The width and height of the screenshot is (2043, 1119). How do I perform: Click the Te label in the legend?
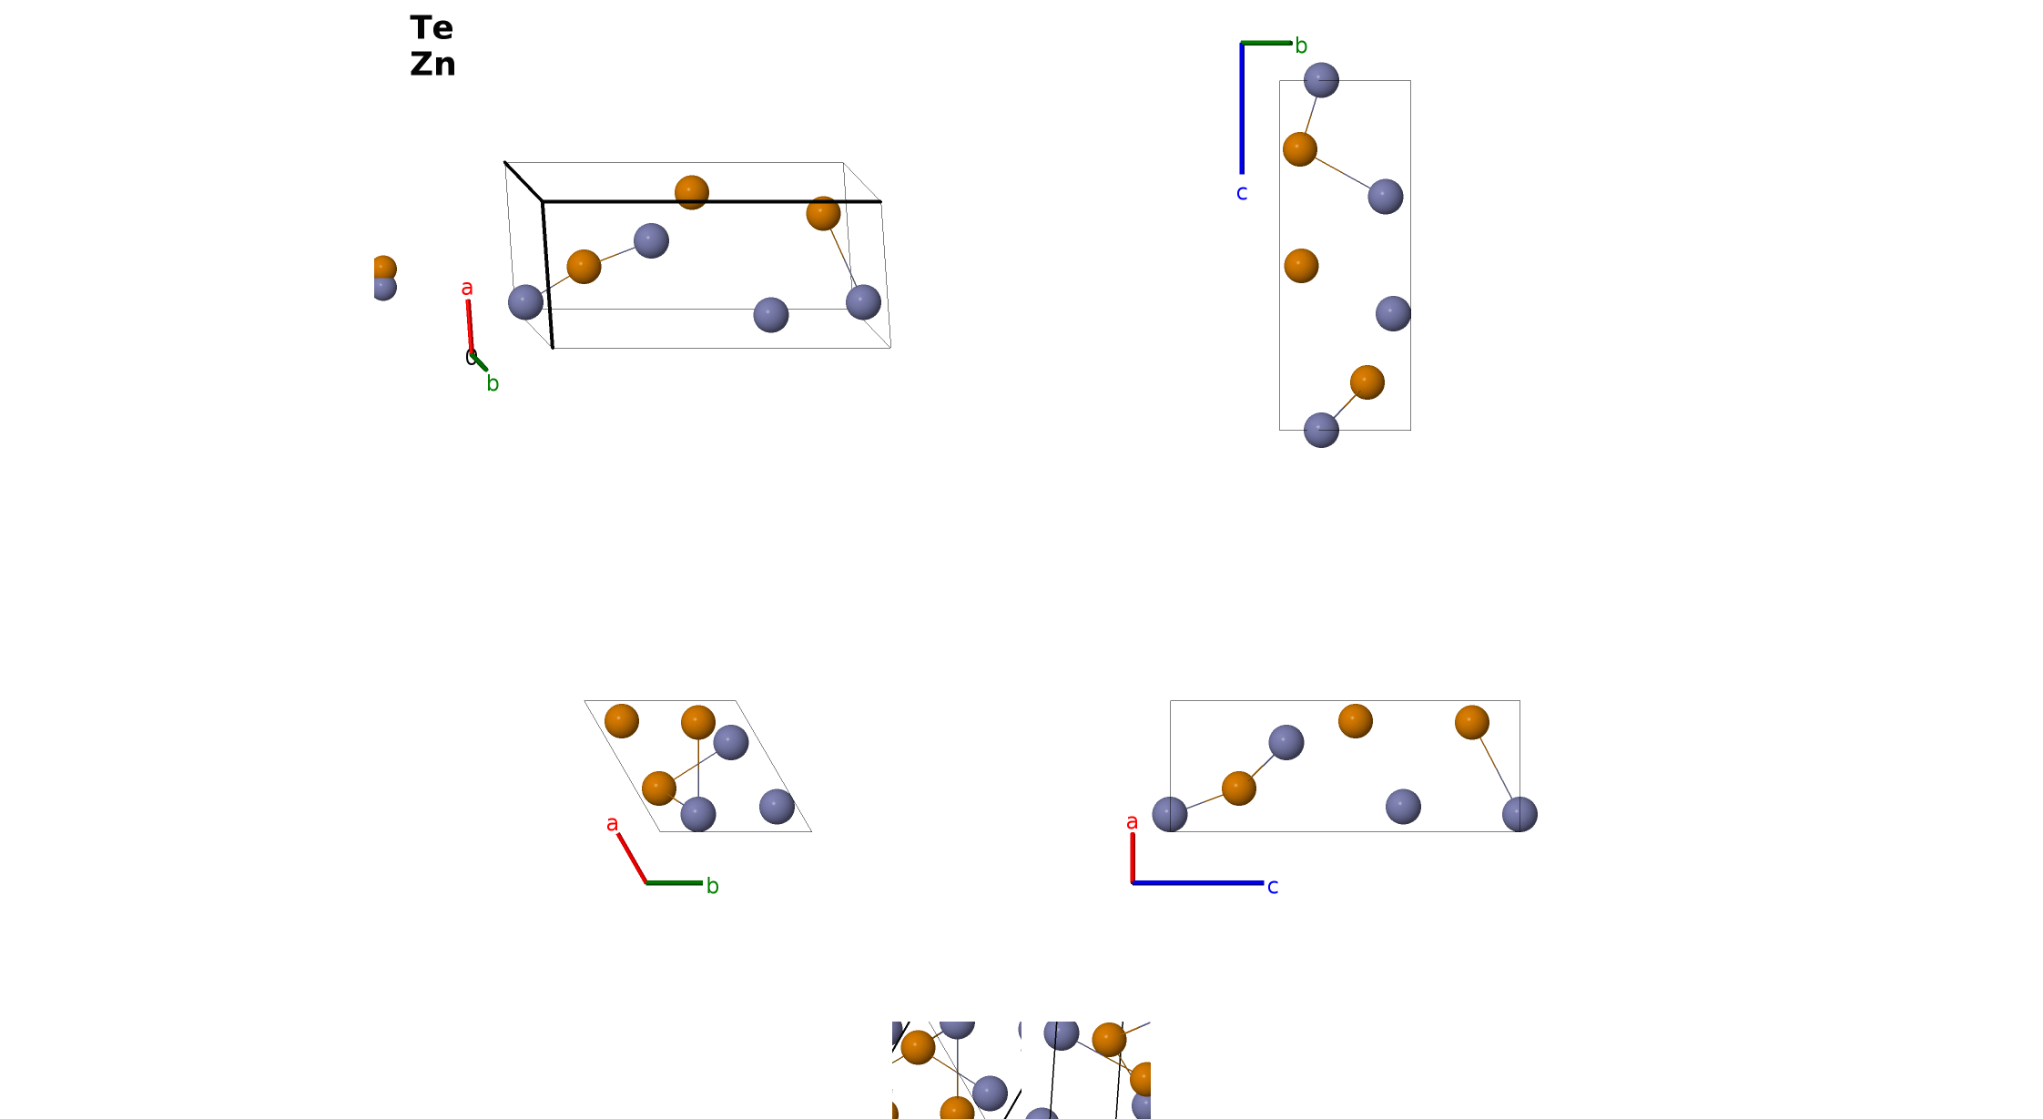tap(432, 27)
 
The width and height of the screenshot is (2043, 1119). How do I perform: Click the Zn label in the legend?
tap(432, 64)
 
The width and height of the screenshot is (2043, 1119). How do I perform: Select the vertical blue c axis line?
tap(1242, 107)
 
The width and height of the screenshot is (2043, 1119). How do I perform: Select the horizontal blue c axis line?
tap(1198, 882)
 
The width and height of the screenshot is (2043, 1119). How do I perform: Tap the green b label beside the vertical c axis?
tap(1301, 46)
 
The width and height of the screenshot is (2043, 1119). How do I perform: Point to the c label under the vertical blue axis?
tap(1242, 193)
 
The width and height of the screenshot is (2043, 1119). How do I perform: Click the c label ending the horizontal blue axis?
tap(1273, 886)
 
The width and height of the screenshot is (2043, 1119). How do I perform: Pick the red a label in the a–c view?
tap(1132, 822)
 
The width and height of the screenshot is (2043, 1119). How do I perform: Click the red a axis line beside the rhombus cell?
tap(632, 858)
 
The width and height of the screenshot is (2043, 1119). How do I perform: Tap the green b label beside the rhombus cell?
tap(713, 886)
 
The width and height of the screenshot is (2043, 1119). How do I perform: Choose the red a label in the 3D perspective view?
tap(467, 288)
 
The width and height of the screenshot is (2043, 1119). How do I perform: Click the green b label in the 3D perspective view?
tap(493, 383)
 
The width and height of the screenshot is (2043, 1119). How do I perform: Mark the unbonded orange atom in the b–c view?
tap(1301, 266)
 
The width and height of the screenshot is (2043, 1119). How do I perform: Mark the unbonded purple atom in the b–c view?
tap(1393, 313)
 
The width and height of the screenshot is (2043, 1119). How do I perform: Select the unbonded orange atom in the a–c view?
tap(1356, 721)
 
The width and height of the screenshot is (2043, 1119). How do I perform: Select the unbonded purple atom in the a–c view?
tap(1403, 807)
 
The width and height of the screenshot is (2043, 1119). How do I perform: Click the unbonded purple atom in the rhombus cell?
tap(777, 807)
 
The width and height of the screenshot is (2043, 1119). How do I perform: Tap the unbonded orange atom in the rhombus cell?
tap(622, 721)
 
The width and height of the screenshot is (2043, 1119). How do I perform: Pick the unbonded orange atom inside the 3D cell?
tap(692, 192)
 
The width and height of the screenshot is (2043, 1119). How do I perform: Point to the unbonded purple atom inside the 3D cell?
tap(771, 315)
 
